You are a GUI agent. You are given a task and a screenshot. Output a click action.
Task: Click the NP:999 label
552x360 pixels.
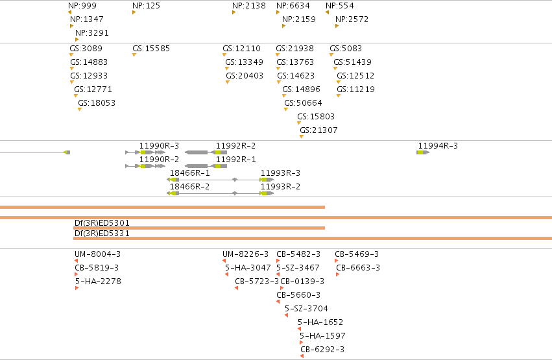(82, 6)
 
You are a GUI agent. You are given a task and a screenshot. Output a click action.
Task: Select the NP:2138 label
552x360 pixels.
(249, 6)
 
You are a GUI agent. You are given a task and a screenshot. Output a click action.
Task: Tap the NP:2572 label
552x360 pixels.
(352, 19)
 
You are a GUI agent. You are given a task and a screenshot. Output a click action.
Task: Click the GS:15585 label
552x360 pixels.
(151, 49)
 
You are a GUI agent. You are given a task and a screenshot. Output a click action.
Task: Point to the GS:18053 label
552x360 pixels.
(97, 103)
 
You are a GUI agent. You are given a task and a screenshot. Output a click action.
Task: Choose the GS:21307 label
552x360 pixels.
(318, 130)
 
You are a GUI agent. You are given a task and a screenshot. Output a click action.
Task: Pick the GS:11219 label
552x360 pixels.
(355, 90)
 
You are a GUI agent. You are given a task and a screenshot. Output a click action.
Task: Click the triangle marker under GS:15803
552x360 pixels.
(299, 123)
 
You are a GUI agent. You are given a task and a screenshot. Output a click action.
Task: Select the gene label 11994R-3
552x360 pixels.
(438, 146)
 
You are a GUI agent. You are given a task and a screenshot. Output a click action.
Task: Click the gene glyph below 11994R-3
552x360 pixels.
(423, 152)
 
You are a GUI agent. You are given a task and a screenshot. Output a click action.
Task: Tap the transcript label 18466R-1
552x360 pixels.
(190, 173)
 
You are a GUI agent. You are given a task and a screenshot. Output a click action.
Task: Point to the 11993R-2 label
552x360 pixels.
(280, 187)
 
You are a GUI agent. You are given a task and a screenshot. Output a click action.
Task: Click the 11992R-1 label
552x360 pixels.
(235, 160)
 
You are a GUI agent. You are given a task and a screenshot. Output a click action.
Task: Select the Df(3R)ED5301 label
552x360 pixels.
(102, 223)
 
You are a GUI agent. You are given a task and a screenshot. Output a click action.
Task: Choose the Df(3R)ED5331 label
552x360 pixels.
(102, 234)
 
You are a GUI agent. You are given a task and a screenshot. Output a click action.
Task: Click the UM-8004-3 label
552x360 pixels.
(97, 254)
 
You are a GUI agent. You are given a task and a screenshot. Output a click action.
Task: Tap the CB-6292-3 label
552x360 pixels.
(322, 350)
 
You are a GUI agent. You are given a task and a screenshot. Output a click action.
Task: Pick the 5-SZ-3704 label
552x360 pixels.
(306, 309)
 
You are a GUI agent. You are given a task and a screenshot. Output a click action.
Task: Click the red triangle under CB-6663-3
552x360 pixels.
(337, 274)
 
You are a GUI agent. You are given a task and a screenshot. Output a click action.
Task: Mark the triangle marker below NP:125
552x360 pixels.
(134, 13)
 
